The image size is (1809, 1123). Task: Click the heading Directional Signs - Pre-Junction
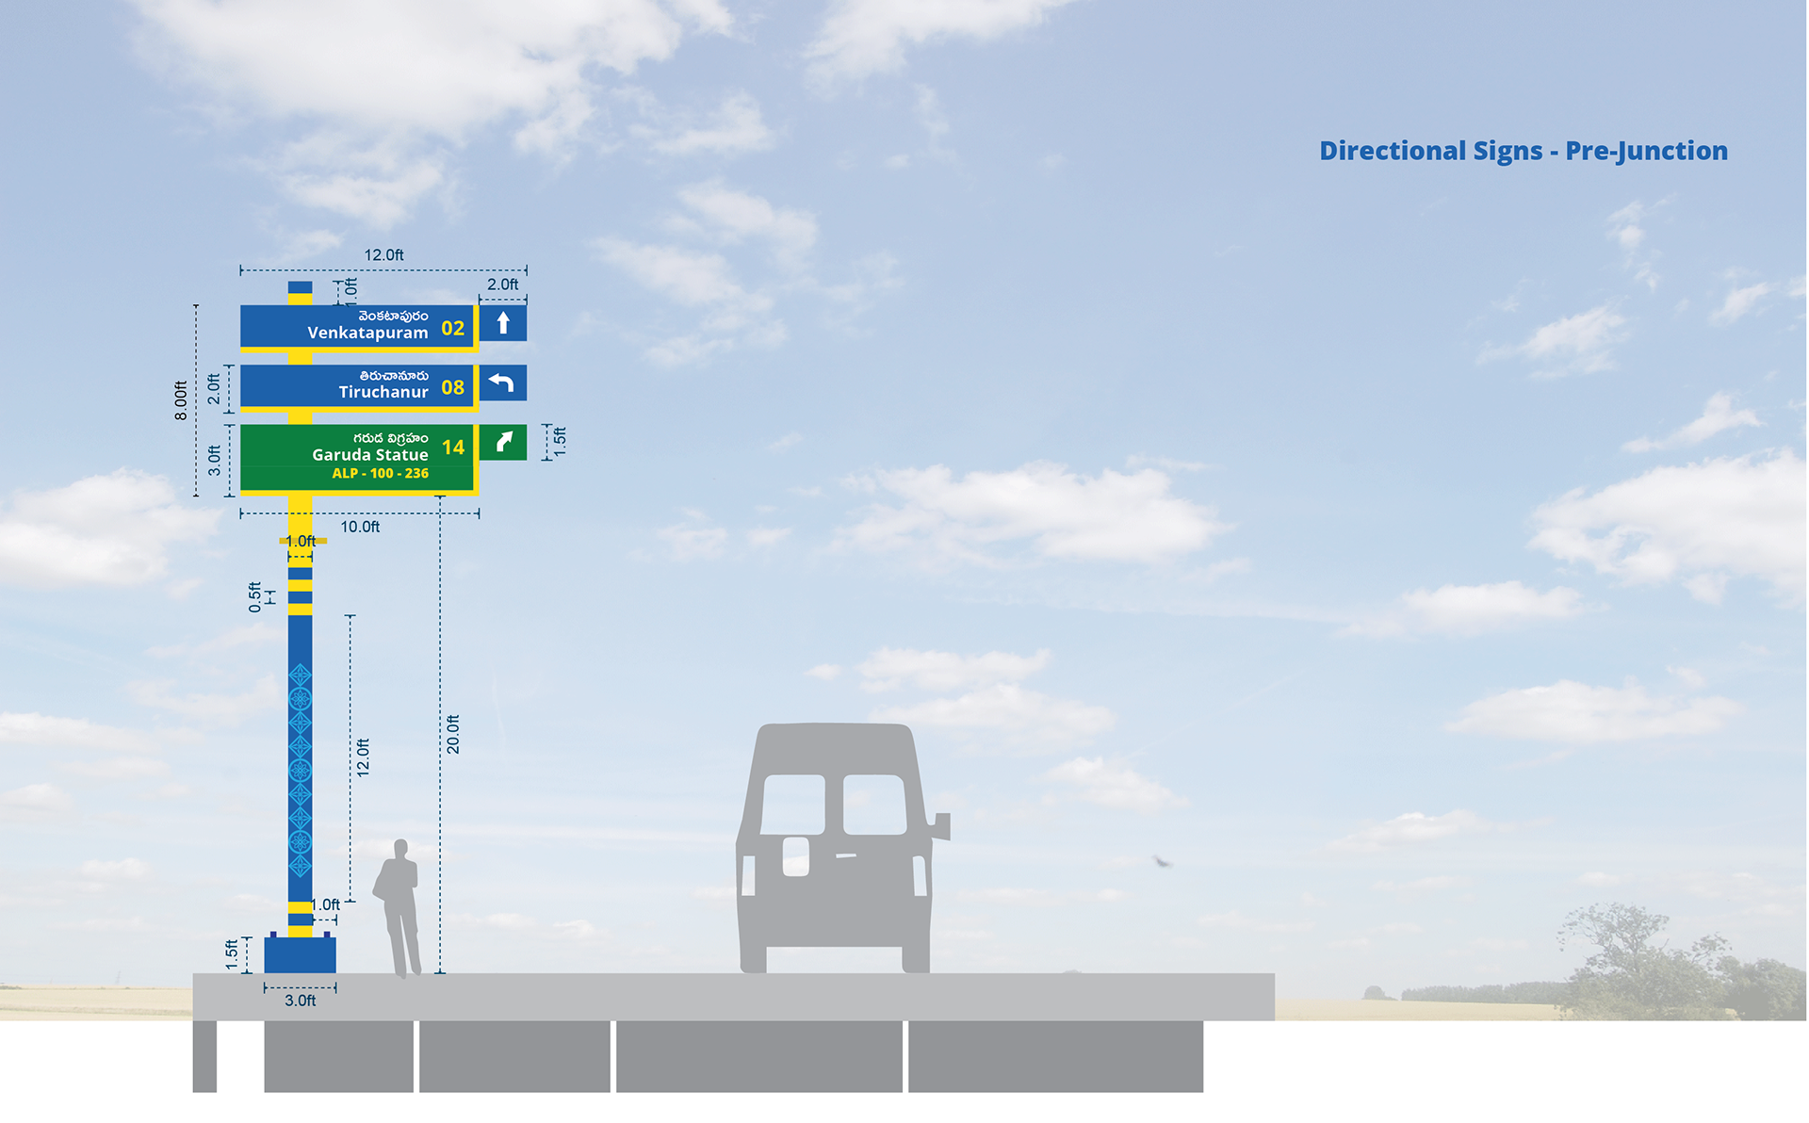[1523, 151]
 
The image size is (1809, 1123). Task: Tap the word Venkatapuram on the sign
[367, 333]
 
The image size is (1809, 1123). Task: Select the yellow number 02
[452, 329]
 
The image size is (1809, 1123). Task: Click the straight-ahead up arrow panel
[503, 323]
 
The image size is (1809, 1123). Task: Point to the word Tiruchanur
[383, 392]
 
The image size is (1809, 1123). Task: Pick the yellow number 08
[452, 387]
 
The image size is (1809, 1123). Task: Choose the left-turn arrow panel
[502, 383]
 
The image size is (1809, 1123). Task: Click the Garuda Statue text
[370, 455]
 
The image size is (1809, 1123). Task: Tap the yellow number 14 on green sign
[453, 448]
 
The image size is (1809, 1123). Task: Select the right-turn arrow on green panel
[503, 442]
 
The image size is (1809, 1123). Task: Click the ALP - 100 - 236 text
[380, 474]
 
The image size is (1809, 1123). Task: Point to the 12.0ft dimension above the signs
[383, 255]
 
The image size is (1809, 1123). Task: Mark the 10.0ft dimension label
[360, 527]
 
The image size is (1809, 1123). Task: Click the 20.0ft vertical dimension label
[453, 734]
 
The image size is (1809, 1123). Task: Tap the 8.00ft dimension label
[181, 400]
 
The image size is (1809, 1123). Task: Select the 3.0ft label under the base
[300, 1001]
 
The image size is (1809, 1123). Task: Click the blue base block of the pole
[300, 954]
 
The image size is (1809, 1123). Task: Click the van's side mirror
[942, 826]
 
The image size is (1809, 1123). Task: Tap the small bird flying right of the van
[1163, 861]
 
